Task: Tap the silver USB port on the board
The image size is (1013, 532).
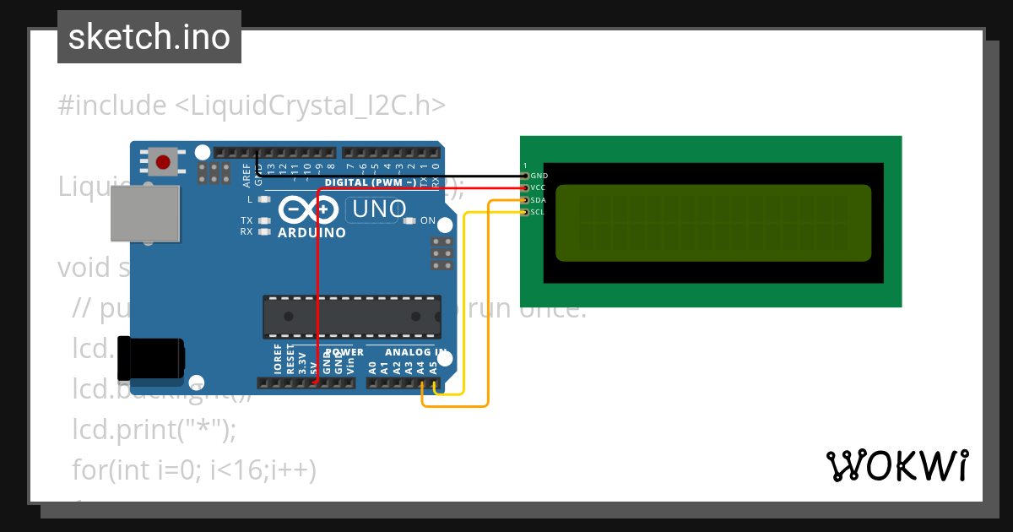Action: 145,214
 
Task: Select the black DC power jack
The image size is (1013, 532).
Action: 152,358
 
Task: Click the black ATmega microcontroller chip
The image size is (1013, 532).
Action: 351,317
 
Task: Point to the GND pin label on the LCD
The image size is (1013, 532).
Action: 539,176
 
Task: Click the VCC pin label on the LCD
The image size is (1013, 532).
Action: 539,187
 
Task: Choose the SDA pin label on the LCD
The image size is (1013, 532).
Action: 539,200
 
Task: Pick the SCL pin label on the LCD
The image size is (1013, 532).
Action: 538,212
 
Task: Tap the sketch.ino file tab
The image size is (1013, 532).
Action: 149,37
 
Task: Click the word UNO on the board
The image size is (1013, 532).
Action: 379,209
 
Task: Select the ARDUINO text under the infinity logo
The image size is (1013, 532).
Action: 311,232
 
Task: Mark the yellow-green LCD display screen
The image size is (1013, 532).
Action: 712,222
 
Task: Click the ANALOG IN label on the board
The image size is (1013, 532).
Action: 415,352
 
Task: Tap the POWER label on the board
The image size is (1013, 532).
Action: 344,352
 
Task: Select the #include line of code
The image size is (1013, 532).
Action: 252,106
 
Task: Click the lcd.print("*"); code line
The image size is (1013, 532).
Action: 154,430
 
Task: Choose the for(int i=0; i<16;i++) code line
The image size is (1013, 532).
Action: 194,470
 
